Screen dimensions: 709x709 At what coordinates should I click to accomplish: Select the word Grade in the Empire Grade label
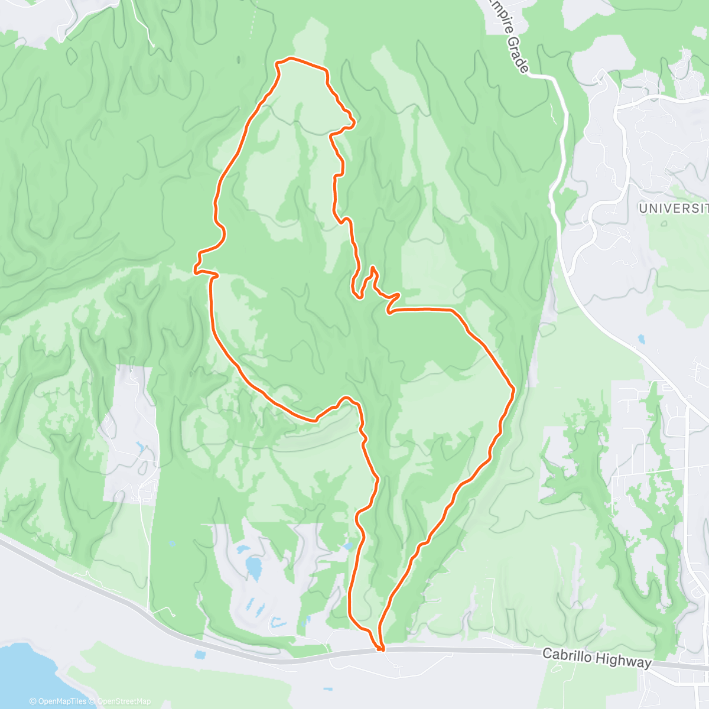point(516,56)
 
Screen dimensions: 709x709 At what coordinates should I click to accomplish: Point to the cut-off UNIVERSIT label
point(673,208)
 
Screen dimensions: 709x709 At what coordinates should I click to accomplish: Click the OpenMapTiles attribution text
point(61,701)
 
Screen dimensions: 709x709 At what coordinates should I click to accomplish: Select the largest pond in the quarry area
point(253,568)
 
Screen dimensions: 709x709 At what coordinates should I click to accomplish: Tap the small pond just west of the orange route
point(349,547)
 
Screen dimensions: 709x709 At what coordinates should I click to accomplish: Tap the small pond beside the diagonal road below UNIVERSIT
point(641,340)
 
